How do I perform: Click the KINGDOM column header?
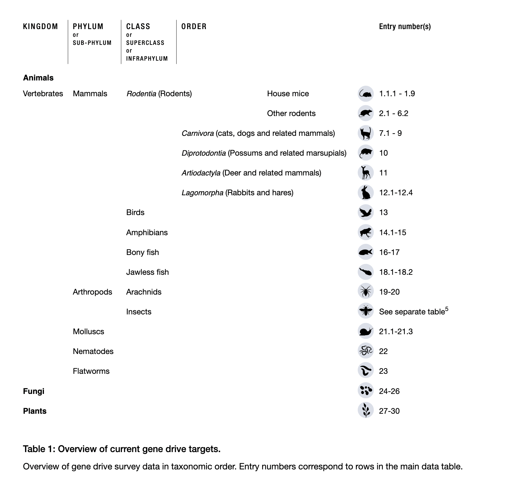coord(41,27)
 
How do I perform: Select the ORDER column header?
coord(194,27)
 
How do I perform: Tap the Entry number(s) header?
coord(405,27)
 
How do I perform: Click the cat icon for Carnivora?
coord(365,133)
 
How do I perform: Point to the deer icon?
coord(365,173)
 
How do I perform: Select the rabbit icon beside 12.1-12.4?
coord(365,193)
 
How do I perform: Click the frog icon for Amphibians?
coord(365,232)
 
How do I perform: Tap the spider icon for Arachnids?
coord(365,292)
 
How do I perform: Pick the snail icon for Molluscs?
coord(365,331)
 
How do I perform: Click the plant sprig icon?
coord(365,411)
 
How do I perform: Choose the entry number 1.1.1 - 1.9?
coord(397,94)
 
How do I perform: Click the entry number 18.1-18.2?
coord(396,272)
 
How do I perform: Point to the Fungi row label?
coord(34,391)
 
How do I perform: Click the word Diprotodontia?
coord(204,153)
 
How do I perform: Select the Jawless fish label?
coord(147,272)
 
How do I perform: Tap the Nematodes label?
coord(93,352)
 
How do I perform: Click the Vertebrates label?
coord(43,94)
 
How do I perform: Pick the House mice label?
coord(288,94)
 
